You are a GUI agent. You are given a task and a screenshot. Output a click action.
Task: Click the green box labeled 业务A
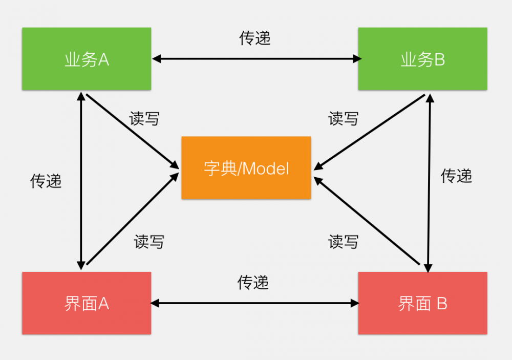point(87,59)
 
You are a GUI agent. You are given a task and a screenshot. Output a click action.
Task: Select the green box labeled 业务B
point(422,59)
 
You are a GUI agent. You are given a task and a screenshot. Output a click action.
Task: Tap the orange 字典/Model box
point(246,167)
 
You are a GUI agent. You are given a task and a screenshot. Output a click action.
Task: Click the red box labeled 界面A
point(87,303)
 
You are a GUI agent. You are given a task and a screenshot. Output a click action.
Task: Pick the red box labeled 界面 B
point(422,303)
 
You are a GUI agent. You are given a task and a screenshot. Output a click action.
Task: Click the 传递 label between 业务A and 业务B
point(255,38)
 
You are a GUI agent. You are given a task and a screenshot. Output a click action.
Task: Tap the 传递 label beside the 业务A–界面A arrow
point(46,180)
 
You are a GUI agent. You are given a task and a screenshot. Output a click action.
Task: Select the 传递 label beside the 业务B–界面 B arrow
point(456,176)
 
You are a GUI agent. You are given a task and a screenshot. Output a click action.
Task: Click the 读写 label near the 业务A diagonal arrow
point(144,118)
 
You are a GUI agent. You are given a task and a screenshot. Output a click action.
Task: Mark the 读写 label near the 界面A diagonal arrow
point(149,241)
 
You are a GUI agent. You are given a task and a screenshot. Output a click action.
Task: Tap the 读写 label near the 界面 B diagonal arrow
point(343,241)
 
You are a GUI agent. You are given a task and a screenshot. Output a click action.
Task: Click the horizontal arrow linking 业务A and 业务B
point(256,59)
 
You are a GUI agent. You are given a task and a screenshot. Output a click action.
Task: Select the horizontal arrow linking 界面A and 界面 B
point(256,303)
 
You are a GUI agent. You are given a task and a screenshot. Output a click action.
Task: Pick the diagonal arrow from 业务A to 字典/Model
point(132,131)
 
